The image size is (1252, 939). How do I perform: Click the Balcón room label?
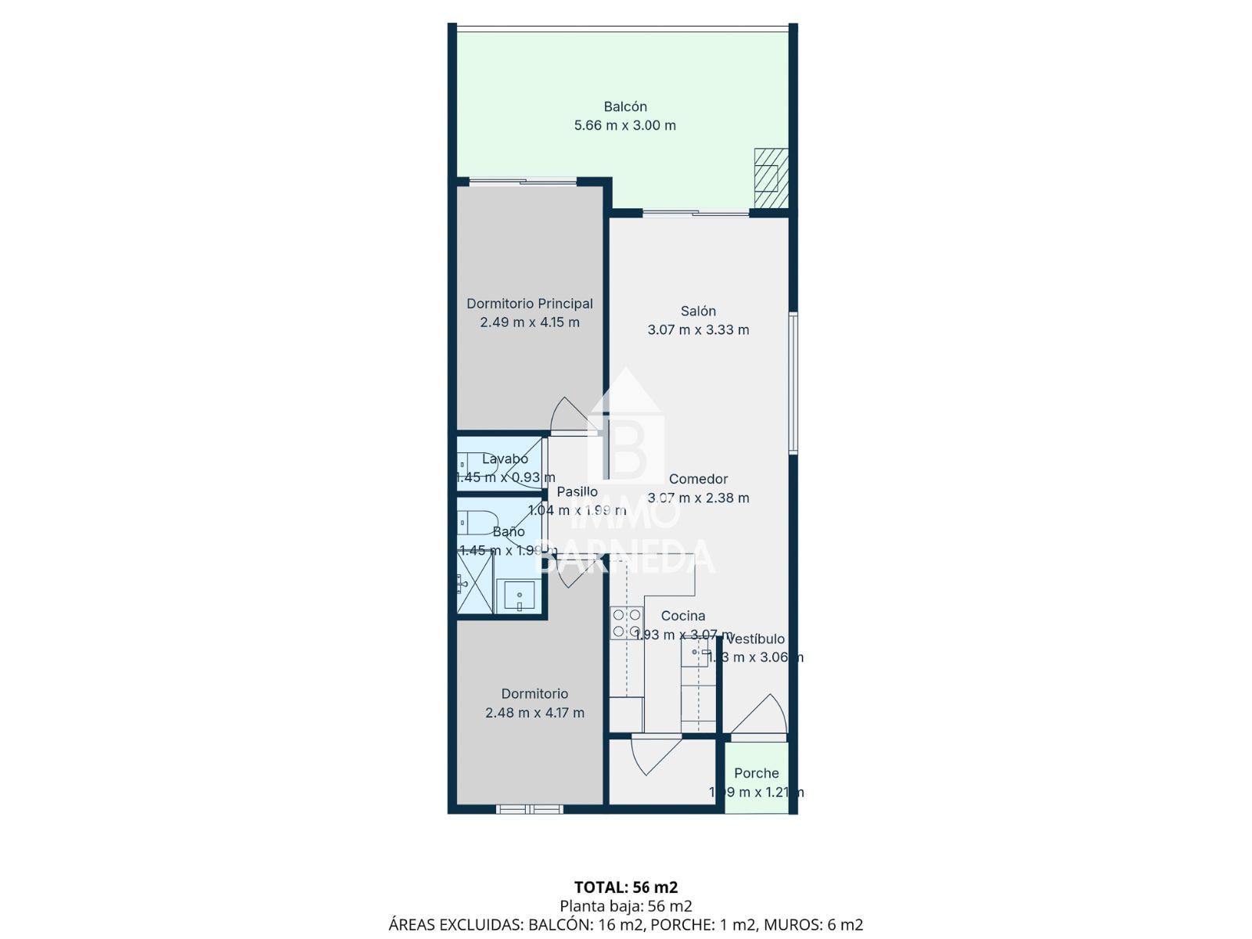pos(625,106)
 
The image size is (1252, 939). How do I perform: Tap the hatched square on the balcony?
pos(771,178)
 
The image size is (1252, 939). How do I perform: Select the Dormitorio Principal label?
pos(530,304)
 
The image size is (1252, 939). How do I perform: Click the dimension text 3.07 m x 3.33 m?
pos(698,330)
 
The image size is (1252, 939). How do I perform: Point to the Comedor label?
pos(698,479)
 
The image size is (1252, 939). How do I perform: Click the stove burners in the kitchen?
pos(626,624)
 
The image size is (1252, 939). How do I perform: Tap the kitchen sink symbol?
pos(695,652)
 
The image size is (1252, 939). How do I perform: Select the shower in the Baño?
pos(475,582)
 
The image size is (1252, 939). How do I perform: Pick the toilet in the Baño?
pos(477,521)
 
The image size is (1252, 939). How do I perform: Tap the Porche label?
pos(756,773)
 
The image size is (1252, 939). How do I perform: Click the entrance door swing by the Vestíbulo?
pos(759,716)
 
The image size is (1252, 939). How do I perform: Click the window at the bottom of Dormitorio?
pos(530,809)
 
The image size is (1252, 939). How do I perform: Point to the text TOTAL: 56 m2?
pos(626,887)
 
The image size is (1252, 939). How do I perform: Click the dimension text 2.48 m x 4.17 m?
pos(534,713)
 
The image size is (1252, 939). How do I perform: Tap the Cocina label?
pos(682,616)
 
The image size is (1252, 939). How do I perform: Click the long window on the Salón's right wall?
pos(793,383)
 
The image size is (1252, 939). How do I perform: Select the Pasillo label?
pos(577,491)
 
